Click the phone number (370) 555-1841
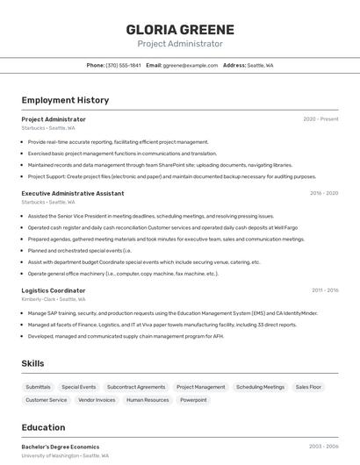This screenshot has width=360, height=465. click(x=123, y=65)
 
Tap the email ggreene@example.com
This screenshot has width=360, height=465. click(x=191, y=65)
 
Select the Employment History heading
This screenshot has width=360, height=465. click(x=65, y=100)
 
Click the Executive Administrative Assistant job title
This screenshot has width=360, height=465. click(x=73, y=193)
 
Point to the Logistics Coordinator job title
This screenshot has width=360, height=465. click(x=54, y=290)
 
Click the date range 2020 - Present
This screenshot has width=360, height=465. click(x=320, y=118)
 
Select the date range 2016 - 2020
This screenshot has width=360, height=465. click(x=324, y=193)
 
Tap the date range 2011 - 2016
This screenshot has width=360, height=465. click(x=325, y=290)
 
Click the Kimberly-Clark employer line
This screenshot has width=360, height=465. click(x=49, y=299)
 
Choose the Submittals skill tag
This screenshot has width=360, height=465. click(x=38, y=387)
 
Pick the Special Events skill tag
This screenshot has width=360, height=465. click(x=79, y=387)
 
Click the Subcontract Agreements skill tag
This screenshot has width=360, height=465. click(x=136, y=387)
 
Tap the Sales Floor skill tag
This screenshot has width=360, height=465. click(x=308, y=387)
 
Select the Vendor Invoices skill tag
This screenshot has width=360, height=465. click(x=97, y=400)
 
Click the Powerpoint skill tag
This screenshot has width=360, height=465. click(x=194, y=400)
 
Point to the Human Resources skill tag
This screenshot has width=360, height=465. click(x=148, y=400)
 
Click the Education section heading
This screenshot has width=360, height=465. click(x=43, y=427)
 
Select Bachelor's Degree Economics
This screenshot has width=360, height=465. click(x=61, y=447)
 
